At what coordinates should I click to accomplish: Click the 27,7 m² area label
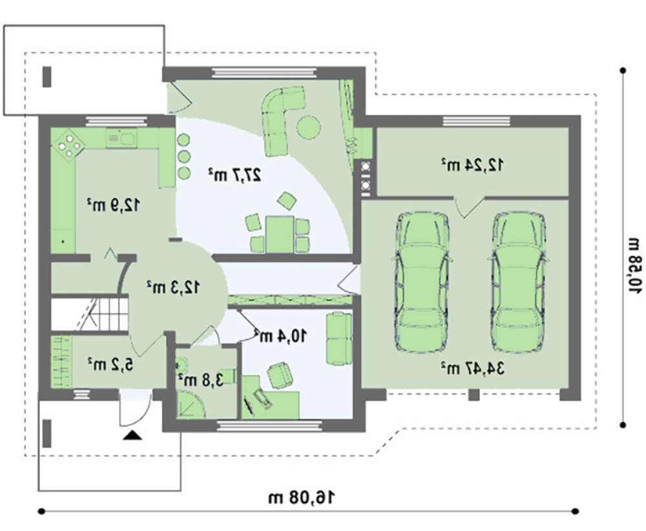coord(234,175)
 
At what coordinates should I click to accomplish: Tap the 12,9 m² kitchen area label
coord(113,204)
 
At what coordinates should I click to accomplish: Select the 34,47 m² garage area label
coord(472,368)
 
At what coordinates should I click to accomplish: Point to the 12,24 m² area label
coord(472,164)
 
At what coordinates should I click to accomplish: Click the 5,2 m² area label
coord(110,364)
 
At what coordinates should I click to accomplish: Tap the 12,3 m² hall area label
coord(173,287)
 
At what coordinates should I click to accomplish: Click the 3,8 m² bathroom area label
coord(201,380)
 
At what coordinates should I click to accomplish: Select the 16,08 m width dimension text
coord(302,497)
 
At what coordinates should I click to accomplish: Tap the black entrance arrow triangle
coord(132,435)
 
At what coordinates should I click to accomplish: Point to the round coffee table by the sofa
coord(309,127)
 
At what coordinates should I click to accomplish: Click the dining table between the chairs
coord(280,234)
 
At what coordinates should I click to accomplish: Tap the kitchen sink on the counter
coord(122,138)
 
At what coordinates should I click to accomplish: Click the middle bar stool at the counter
coord(183,156)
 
